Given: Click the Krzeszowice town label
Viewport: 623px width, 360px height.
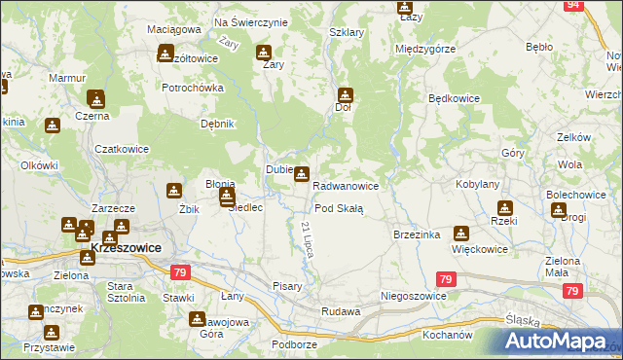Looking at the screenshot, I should (x=126, y=248).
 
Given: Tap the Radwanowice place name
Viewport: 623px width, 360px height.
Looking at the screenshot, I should (x=351, y=185).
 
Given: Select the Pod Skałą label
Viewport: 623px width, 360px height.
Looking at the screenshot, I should (x=339, y=208).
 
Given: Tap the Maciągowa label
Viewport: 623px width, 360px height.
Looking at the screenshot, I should (x=173, y=29).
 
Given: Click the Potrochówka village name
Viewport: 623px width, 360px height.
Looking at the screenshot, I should (x=193, y=88).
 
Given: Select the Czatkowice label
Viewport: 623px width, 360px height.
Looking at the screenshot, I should (x=122, y=149).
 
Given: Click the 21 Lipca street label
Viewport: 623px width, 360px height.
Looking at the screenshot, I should (x=305, y=239).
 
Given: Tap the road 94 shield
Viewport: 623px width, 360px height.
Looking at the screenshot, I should (x=573, y=5).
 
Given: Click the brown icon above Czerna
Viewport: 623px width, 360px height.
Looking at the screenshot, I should (x=95, y=98).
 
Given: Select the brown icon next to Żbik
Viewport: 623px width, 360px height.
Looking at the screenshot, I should (x=174, y=192).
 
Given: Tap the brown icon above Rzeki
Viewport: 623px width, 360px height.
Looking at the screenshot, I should (x=504, y=207).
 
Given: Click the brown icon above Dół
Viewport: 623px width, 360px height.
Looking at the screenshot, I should (x=345, y=95).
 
